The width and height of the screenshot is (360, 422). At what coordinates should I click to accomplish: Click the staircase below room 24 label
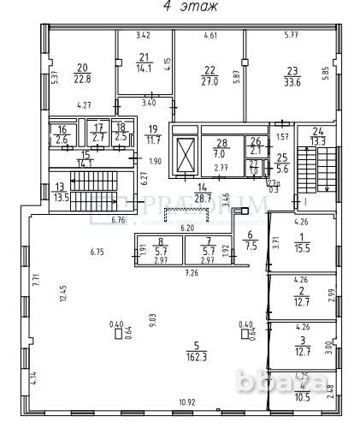point(310,169)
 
